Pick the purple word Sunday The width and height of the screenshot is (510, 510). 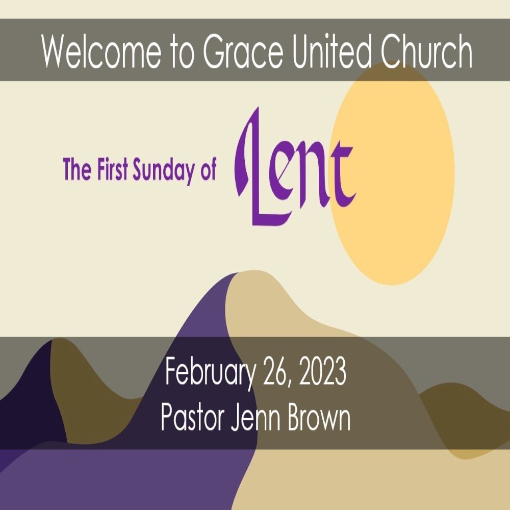164,171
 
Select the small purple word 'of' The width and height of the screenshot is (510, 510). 208,169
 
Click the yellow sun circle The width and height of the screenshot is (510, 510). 392,174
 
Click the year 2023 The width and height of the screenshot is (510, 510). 322,371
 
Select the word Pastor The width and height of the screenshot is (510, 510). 193,417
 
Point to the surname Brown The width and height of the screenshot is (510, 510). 319,417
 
